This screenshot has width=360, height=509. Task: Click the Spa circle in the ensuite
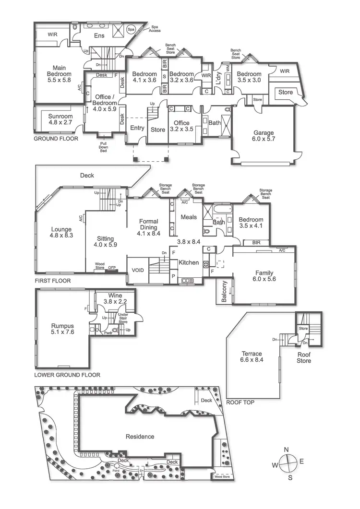[131, 30]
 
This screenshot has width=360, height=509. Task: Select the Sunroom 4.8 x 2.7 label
[60, 119]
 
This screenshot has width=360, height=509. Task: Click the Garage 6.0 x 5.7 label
[264, 136]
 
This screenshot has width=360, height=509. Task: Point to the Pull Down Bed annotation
[103, 147]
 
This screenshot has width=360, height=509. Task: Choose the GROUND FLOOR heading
[56, 139]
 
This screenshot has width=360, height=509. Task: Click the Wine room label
[115, 298]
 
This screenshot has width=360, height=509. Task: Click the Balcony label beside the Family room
[225, 292]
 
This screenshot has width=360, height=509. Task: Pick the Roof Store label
[303, 358]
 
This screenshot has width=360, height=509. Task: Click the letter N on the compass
[286, 450]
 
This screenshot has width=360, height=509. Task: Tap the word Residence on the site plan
[140, 437]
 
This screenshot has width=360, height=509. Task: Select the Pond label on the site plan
[116, 471]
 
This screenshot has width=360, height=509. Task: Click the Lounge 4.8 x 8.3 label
[60, 233]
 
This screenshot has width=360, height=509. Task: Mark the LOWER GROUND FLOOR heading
[67, 375]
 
